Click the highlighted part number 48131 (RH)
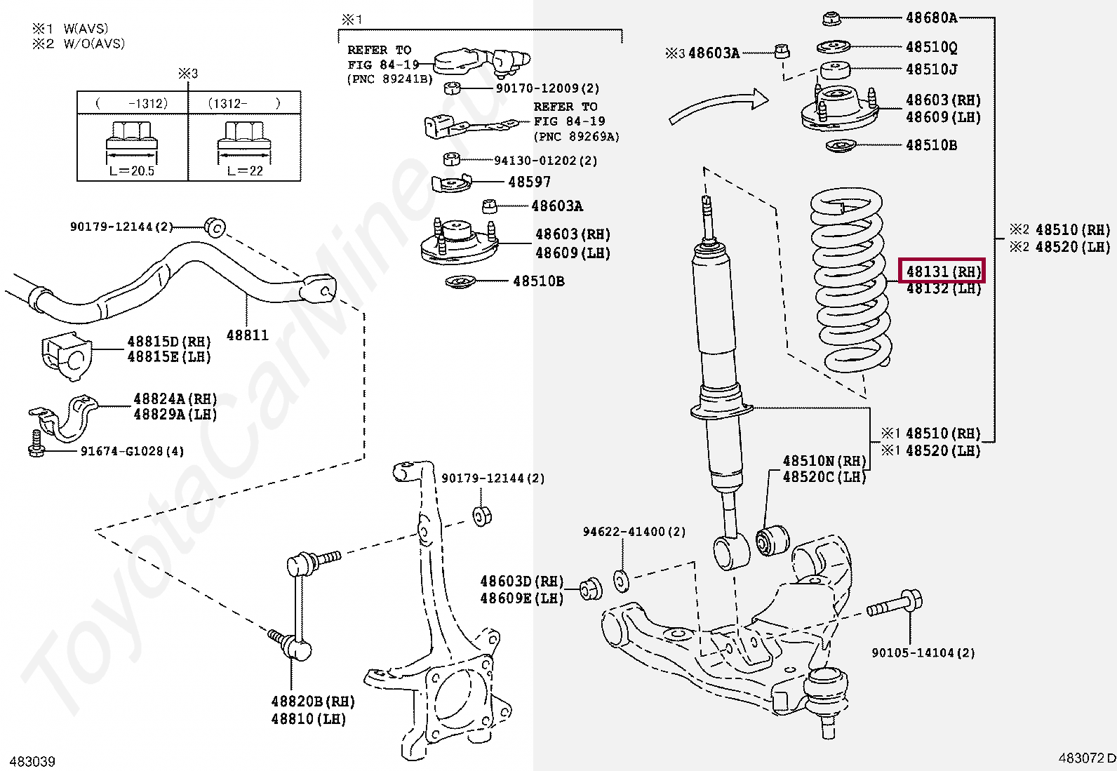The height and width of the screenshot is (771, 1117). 942,271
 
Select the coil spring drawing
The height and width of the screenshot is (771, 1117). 850,281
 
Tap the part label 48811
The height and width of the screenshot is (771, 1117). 247,335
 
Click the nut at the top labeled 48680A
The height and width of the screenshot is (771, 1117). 832,18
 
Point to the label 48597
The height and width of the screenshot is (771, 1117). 529,182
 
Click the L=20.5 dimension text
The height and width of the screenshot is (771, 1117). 132,170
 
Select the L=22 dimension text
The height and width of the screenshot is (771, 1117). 245,170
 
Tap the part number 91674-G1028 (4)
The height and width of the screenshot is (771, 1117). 132,451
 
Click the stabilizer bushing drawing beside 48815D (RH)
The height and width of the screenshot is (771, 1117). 65,356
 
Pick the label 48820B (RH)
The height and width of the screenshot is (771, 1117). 313,702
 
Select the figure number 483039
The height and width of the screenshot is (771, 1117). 33,761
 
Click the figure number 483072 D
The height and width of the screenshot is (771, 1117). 1086,758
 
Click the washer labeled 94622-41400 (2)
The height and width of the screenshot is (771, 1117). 621,581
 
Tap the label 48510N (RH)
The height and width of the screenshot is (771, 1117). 824,461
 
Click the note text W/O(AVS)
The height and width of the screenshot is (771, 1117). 94,43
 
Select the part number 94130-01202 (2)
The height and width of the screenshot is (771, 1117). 545,161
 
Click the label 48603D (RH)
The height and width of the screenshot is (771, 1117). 521,582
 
